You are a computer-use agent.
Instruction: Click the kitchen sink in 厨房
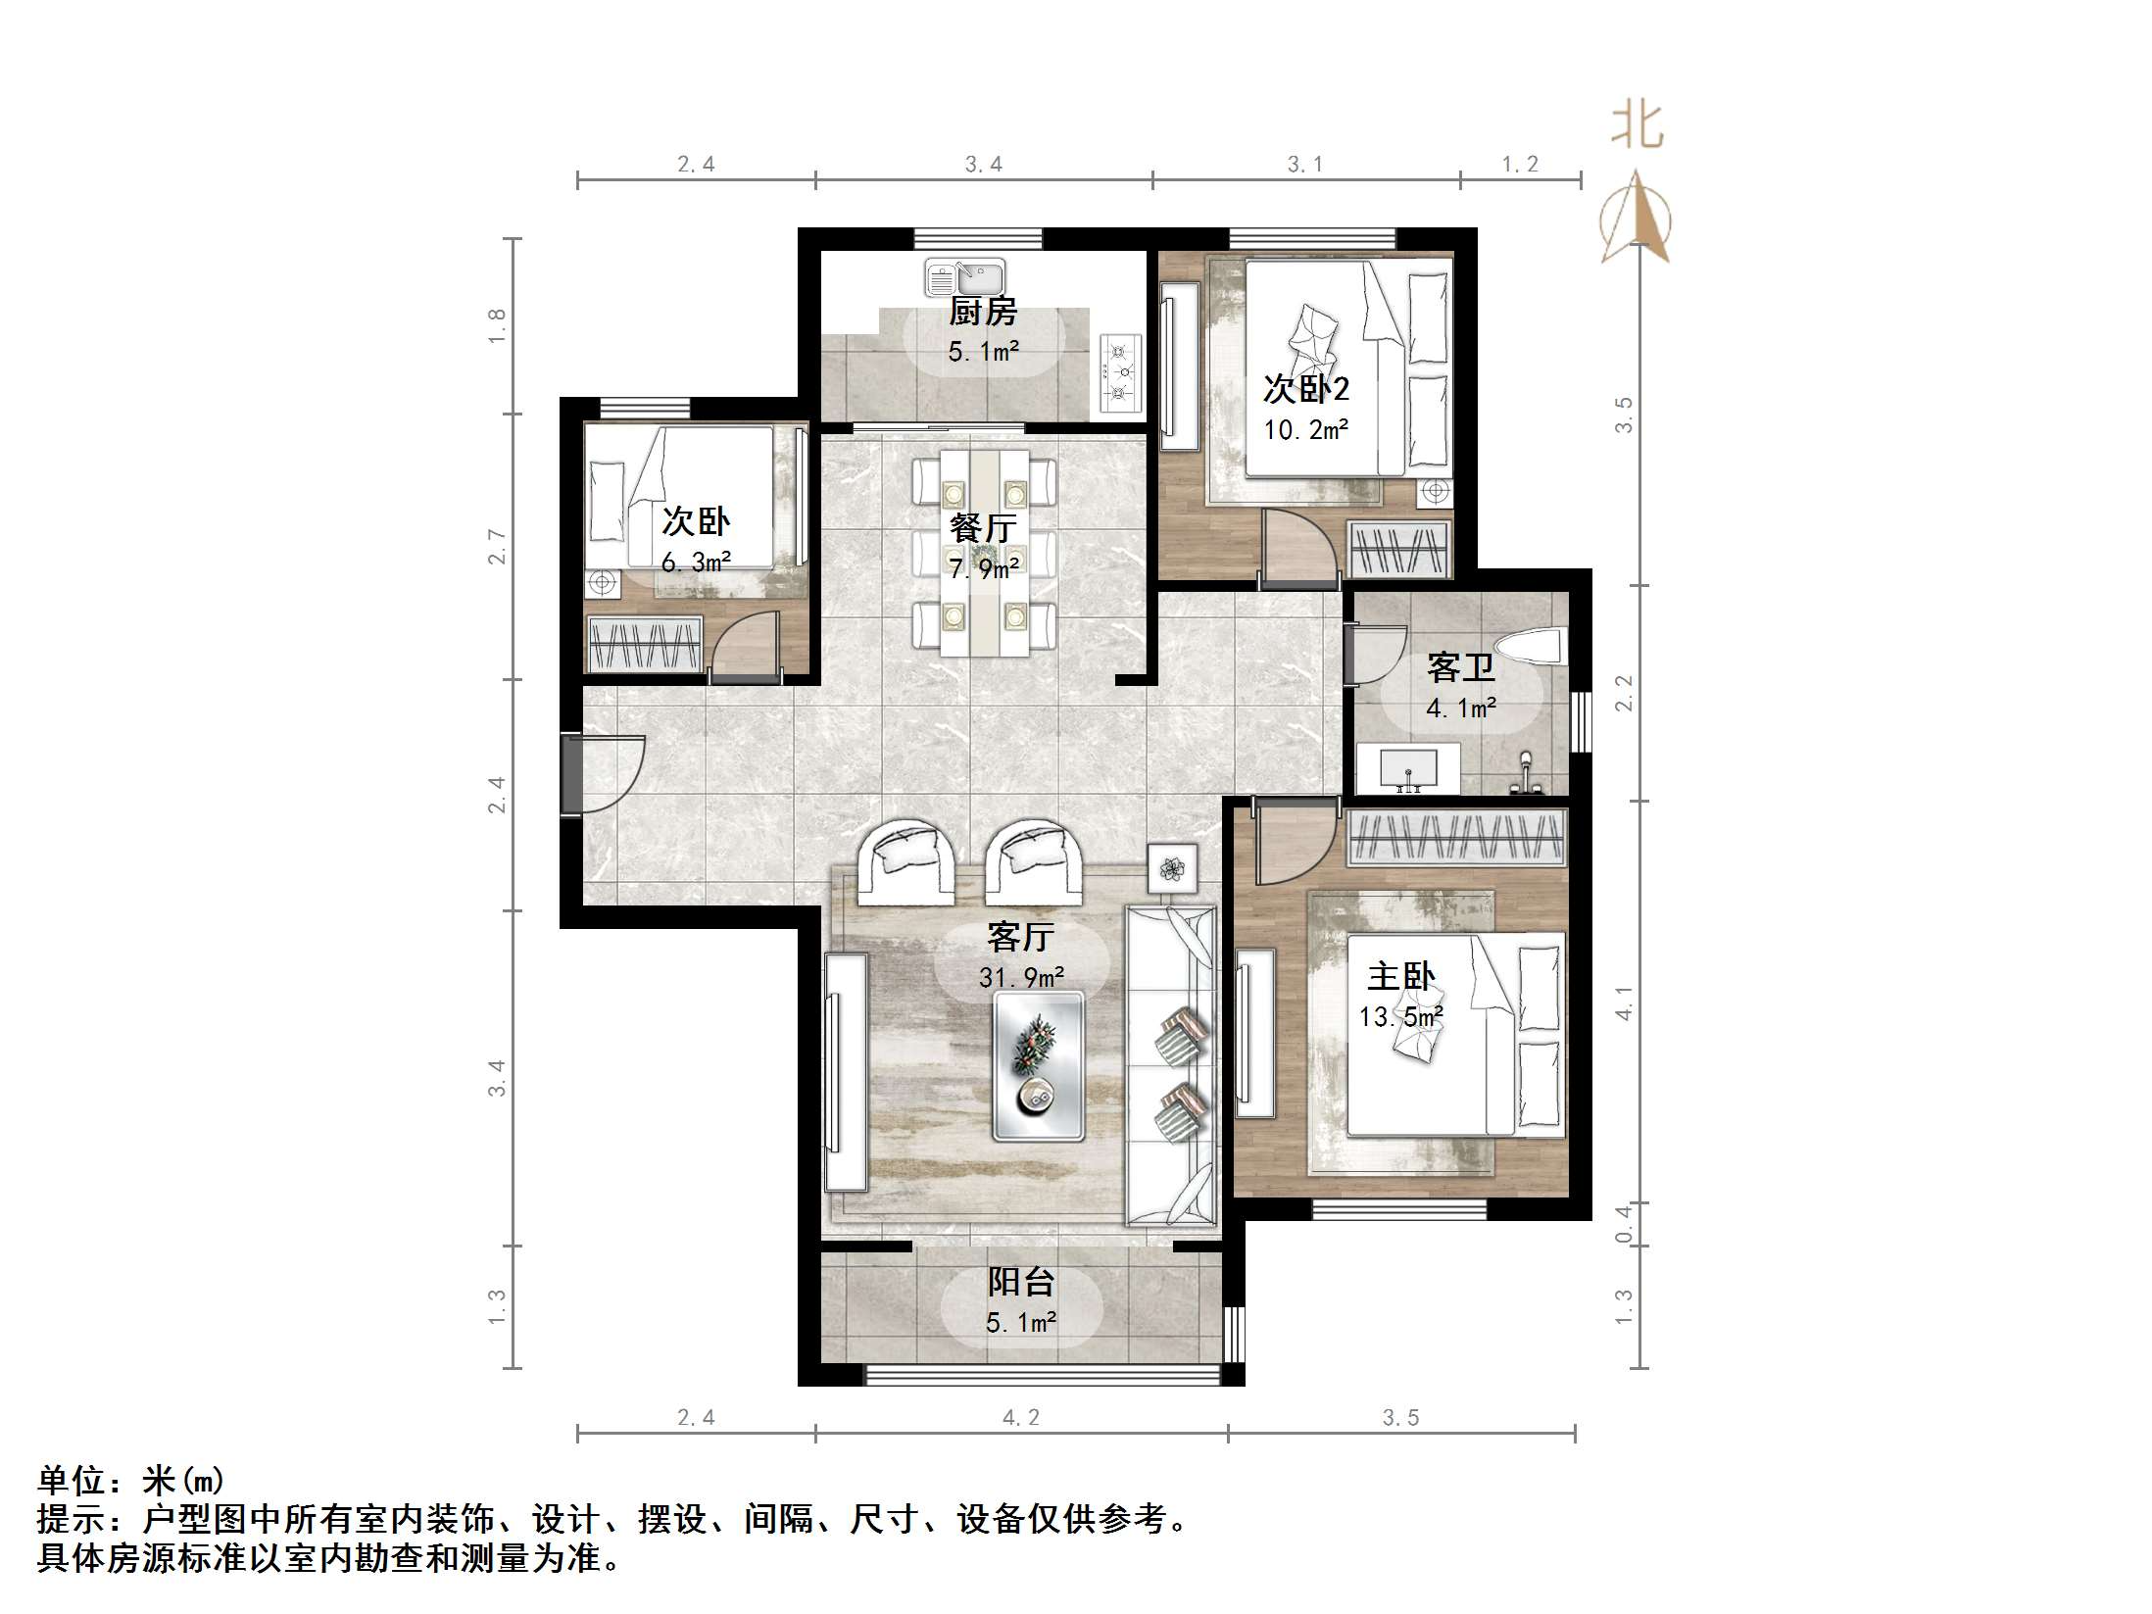click(x=964, y=276)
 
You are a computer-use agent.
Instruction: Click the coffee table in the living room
click(x=1038, y=1066)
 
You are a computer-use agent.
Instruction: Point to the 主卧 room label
click(x=1400, y=976)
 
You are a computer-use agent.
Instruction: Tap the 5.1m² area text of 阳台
click(x=1020, y=1323)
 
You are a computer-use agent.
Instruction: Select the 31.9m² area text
click(x=1021, y=977)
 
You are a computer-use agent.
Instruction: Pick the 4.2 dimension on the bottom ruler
click(x=1020, y=1417)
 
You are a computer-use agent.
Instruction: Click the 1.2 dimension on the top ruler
click(x=1520, y=165)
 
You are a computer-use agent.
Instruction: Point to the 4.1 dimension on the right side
click(x=1624, y=1003)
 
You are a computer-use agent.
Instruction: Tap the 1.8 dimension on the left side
click(x=498, y=324)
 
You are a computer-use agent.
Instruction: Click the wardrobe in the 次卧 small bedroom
click(x=645, y=644)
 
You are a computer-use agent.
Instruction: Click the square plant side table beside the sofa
click(x=1172, y=868)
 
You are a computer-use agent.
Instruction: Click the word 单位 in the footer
click(x=72, y=1481)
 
